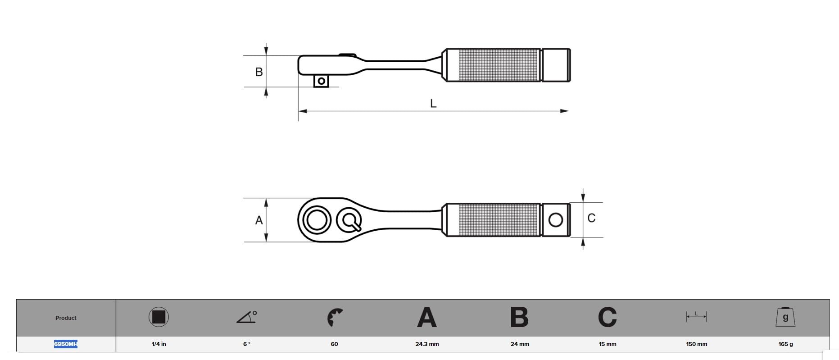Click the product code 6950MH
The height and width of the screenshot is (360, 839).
coord(66,344)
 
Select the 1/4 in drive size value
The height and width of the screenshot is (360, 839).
coord(159,344)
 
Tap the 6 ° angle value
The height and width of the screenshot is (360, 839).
coord(247,344)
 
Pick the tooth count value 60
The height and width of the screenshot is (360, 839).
coord(334,344)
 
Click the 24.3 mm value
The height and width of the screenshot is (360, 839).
coord(427,344)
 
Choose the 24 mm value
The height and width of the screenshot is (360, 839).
coord(520,344)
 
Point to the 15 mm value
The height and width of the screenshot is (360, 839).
coord(608,344)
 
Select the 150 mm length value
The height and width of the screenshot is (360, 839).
coord(696,344)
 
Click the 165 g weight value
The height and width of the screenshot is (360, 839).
coord(785,344)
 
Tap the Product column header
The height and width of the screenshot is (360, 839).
coord(66,318)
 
